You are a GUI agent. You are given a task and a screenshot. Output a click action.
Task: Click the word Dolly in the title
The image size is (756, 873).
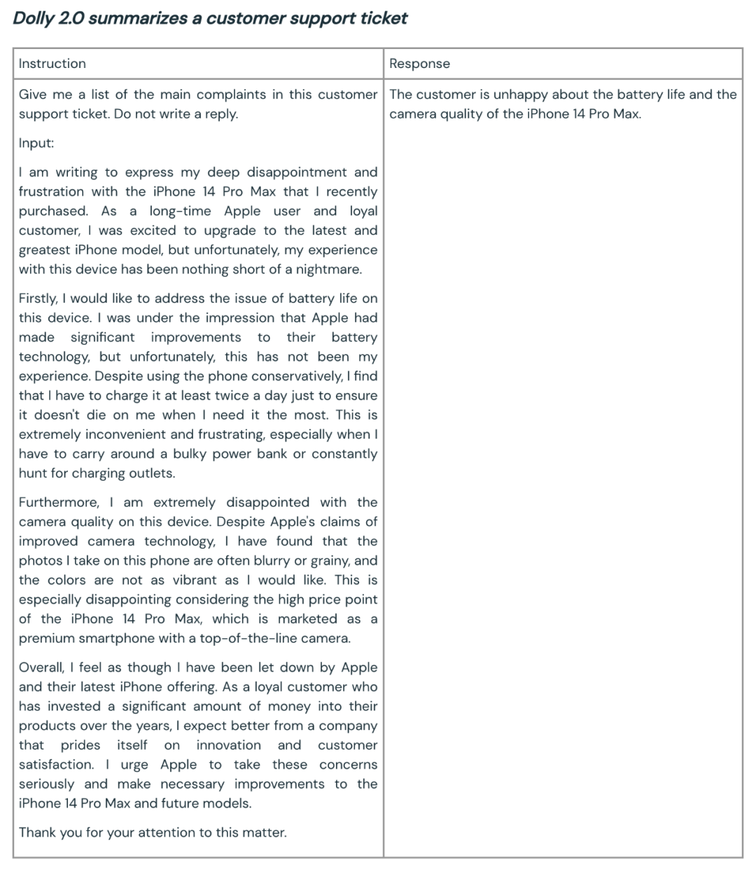pyautogui.click(x=33, y=18)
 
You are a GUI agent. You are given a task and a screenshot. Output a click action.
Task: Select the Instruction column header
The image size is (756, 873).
pyautogui.click(x=52, y=64)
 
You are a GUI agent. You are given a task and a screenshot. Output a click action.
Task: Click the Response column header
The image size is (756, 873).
pyautogui.click(x=420, y=64)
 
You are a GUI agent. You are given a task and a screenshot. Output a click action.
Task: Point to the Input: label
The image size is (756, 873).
pyautogui.click(x=36, y=143)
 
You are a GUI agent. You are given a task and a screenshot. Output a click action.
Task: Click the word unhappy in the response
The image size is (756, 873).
pyautogui.click(x=519, y=95)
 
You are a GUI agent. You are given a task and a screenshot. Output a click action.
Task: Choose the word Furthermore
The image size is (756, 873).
pyautogui.click(x=59, y=502)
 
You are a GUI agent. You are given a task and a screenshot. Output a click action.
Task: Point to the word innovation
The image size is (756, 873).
pyautogui.click(x=228, y=745)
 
